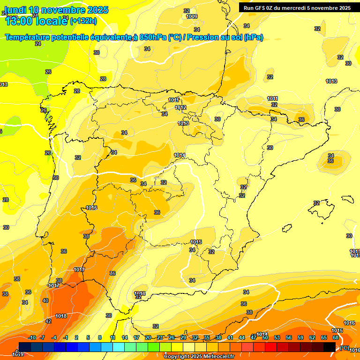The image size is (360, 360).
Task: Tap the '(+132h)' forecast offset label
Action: pos(83,21)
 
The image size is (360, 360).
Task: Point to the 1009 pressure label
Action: pos(192,16)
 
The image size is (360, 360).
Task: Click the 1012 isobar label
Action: pos(180,108)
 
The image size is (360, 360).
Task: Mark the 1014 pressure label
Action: pos(180,155)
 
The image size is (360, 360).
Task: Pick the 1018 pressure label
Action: pos(61,316)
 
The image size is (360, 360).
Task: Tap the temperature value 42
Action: pos(48,321)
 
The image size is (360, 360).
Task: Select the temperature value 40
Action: pos(45,300)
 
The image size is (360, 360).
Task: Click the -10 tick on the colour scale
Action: pos(32,337)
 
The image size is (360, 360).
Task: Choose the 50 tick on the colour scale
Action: pos(265,337)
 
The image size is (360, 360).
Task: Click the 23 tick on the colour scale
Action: pos(160,337)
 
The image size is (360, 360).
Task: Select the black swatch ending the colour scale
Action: pos(330,347)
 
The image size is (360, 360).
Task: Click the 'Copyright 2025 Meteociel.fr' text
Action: pos(199,356)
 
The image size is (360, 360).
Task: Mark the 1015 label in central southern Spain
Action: pos(196,242)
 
